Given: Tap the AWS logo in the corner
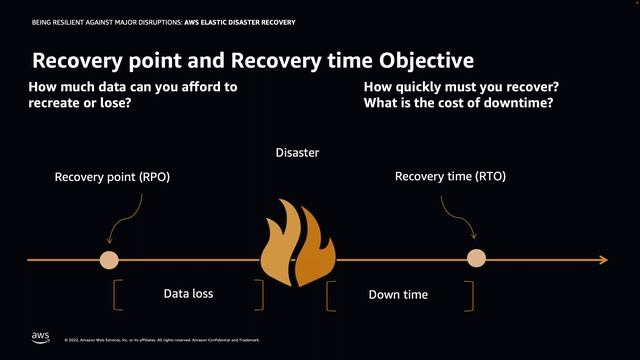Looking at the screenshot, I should (x=40, y=337).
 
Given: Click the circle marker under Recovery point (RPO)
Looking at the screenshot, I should (x=108, y=259).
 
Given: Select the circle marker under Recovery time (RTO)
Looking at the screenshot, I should (x=477, y=259).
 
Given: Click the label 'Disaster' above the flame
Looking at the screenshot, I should (x=297, y=153).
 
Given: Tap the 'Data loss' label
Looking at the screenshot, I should (x=188, y=294).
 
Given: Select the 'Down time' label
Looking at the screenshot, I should (x=398, y=294).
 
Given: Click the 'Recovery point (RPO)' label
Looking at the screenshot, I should (x=112, y=177).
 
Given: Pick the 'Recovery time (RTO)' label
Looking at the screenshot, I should (x=450, y=177).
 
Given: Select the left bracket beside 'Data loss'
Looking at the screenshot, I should (x=118, y=295).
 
